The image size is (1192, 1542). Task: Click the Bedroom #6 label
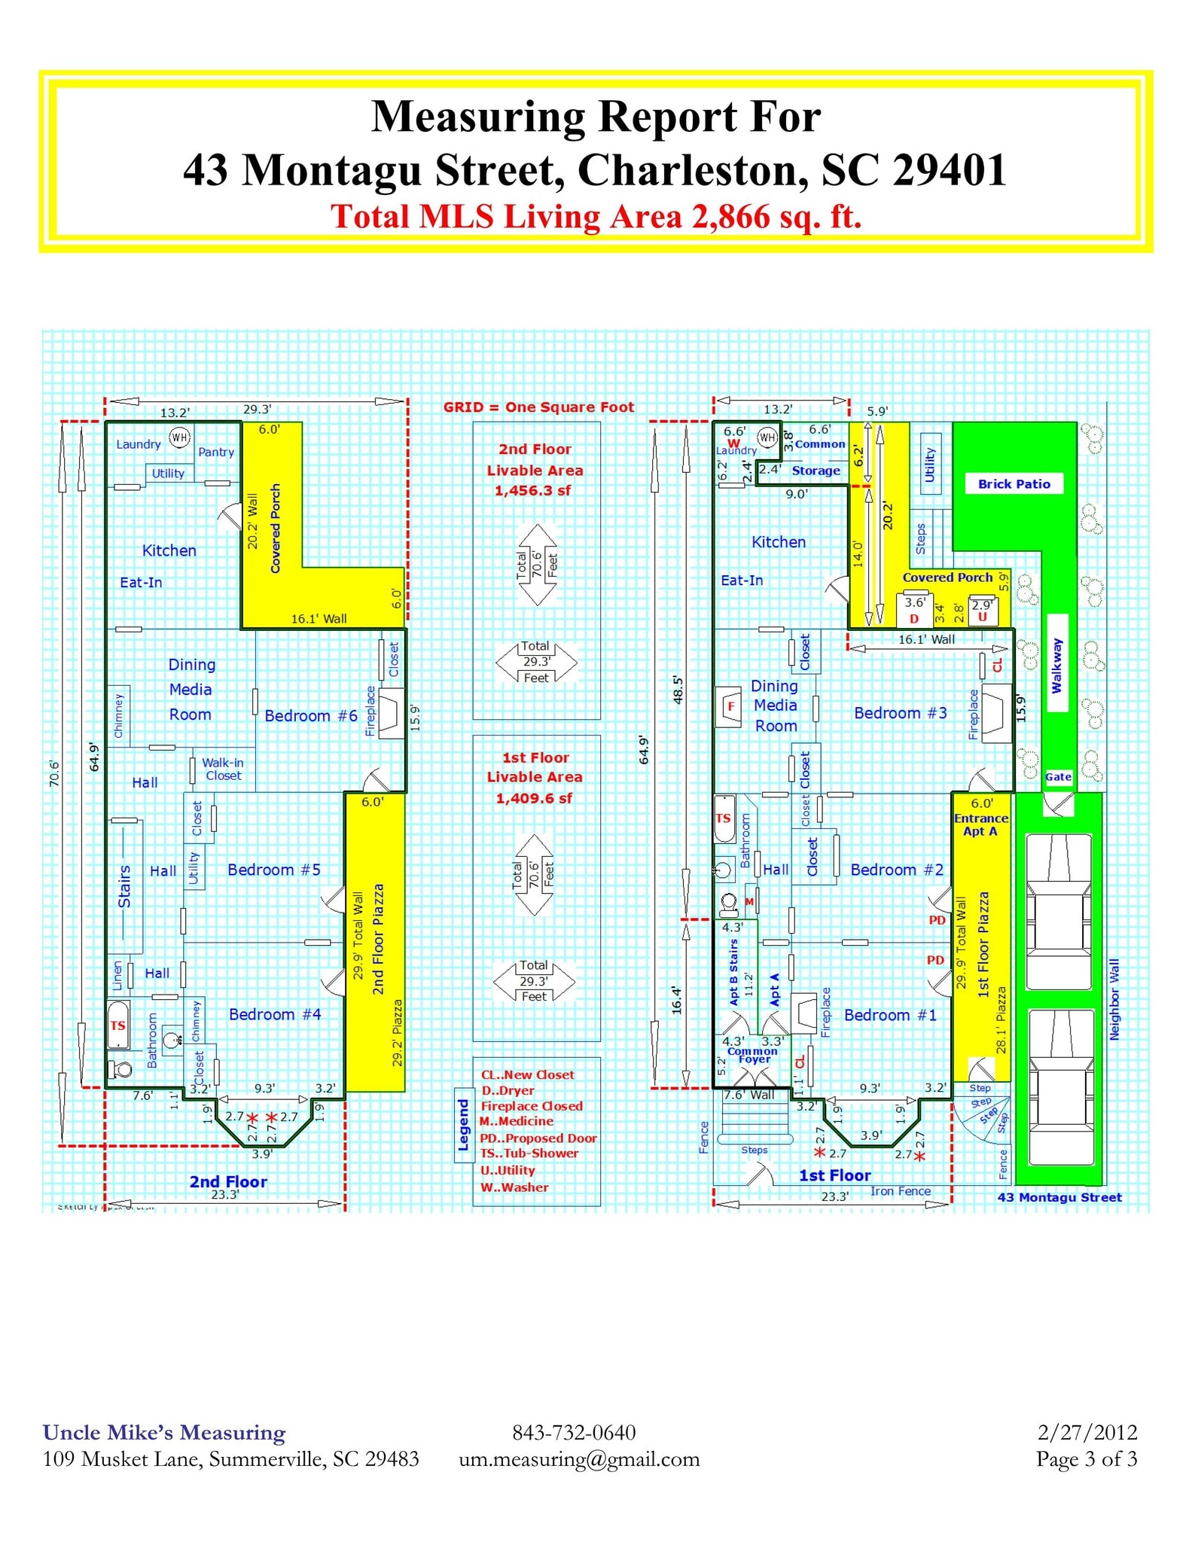click(x=310, y=715)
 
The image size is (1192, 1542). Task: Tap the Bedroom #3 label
click(x=900, y=713)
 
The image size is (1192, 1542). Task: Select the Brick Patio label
click(x=1014, y=484)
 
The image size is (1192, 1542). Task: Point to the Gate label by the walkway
click(x=1058, y=776)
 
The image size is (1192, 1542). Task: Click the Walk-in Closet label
click(x=223, y=769)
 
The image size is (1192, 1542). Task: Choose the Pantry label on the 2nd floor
click(x=216, y=452)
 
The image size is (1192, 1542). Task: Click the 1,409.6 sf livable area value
click(x=534, y=798)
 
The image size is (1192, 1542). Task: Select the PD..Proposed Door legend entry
click(x=538, y=1138)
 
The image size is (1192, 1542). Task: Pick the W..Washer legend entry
click(x=515, y=1187)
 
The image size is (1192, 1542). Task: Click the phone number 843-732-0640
click(x=574, y=1432)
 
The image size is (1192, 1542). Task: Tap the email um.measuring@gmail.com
click(x=579, y=1459)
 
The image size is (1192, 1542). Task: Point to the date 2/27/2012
click(x=1087, y=1432)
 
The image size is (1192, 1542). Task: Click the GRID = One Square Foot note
click(x=538, y=407)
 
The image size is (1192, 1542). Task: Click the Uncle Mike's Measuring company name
click(x=164, y=1432)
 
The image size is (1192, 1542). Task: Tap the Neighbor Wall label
click(x=1114, y=999)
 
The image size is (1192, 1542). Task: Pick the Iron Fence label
click(x=900, y=1191)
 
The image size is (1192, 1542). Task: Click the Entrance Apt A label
click(x=980, y=824)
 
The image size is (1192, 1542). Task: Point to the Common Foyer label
click(x=753, y=1055)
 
